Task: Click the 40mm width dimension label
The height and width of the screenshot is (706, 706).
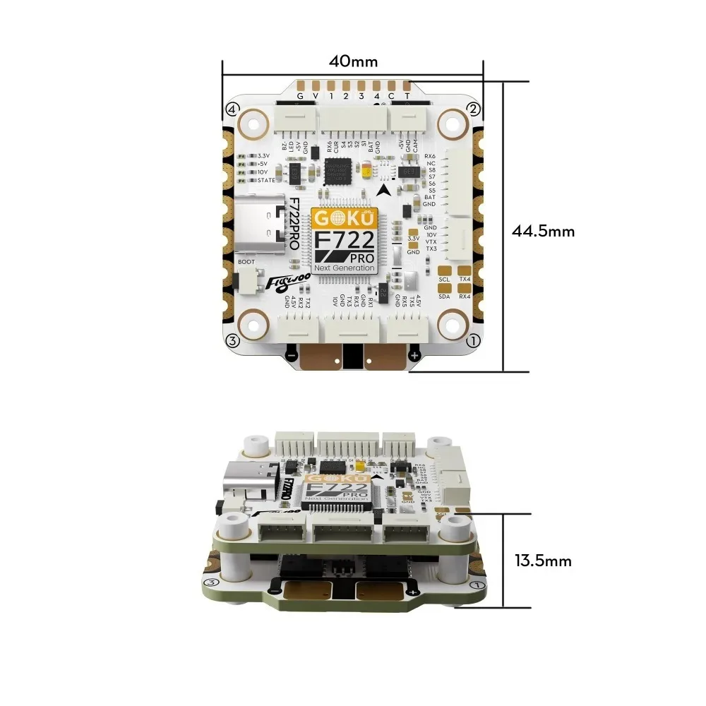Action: [x=353, y=61]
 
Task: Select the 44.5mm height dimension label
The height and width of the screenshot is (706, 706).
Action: [x=543, y=231]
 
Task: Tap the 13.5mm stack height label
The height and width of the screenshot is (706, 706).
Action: [x=542, y=561]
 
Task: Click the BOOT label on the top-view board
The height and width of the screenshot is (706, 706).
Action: [x=246, y=262]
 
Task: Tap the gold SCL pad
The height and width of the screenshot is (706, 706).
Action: [x=445, y=270]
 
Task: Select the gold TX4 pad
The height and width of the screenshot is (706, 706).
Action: [x=465, y=270]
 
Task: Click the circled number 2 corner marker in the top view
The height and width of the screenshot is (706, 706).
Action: [x=474, y=109]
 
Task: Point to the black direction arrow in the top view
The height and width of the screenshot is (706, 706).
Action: [x=383, y=189]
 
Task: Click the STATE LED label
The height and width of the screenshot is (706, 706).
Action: [x=266, y=180]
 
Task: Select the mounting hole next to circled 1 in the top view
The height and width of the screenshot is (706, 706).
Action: [x=450, y=325]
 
